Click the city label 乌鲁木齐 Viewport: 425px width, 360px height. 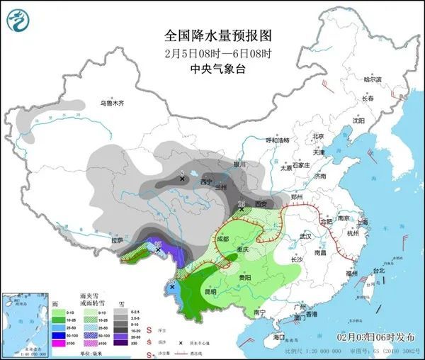pyautogui.click(x=111, y=103)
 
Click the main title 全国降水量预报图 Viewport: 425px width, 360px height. pyautogui.click(x=217, y=35)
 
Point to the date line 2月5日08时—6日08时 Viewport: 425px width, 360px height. pyautogui.click(x=217, y=52)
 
